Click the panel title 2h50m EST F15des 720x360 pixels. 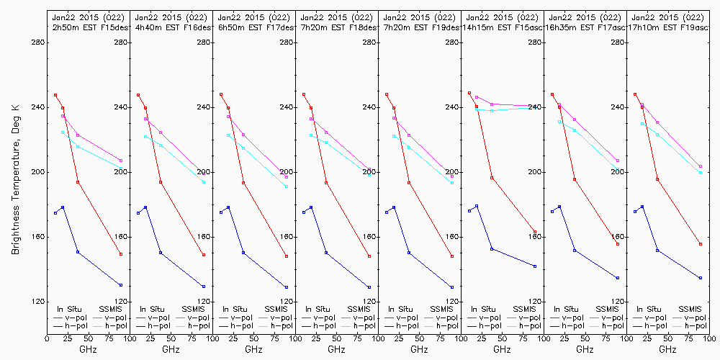87,27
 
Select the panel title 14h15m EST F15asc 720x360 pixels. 503,27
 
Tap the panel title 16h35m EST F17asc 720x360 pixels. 585,27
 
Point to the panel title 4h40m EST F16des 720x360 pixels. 170,27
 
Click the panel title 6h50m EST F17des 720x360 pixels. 253,27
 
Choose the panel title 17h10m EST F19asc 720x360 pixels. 667,27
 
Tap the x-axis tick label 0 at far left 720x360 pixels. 47,336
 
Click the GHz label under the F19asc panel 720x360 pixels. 667,349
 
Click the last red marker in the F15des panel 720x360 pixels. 121,254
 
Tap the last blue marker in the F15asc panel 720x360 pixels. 535,266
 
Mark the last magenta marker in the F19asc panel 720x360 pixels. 701,166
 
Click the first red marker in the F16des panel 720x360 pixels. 138,95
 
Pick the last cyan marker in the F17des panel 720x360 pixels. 287,186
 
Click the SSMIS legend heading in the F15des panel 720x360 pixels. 111,309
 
